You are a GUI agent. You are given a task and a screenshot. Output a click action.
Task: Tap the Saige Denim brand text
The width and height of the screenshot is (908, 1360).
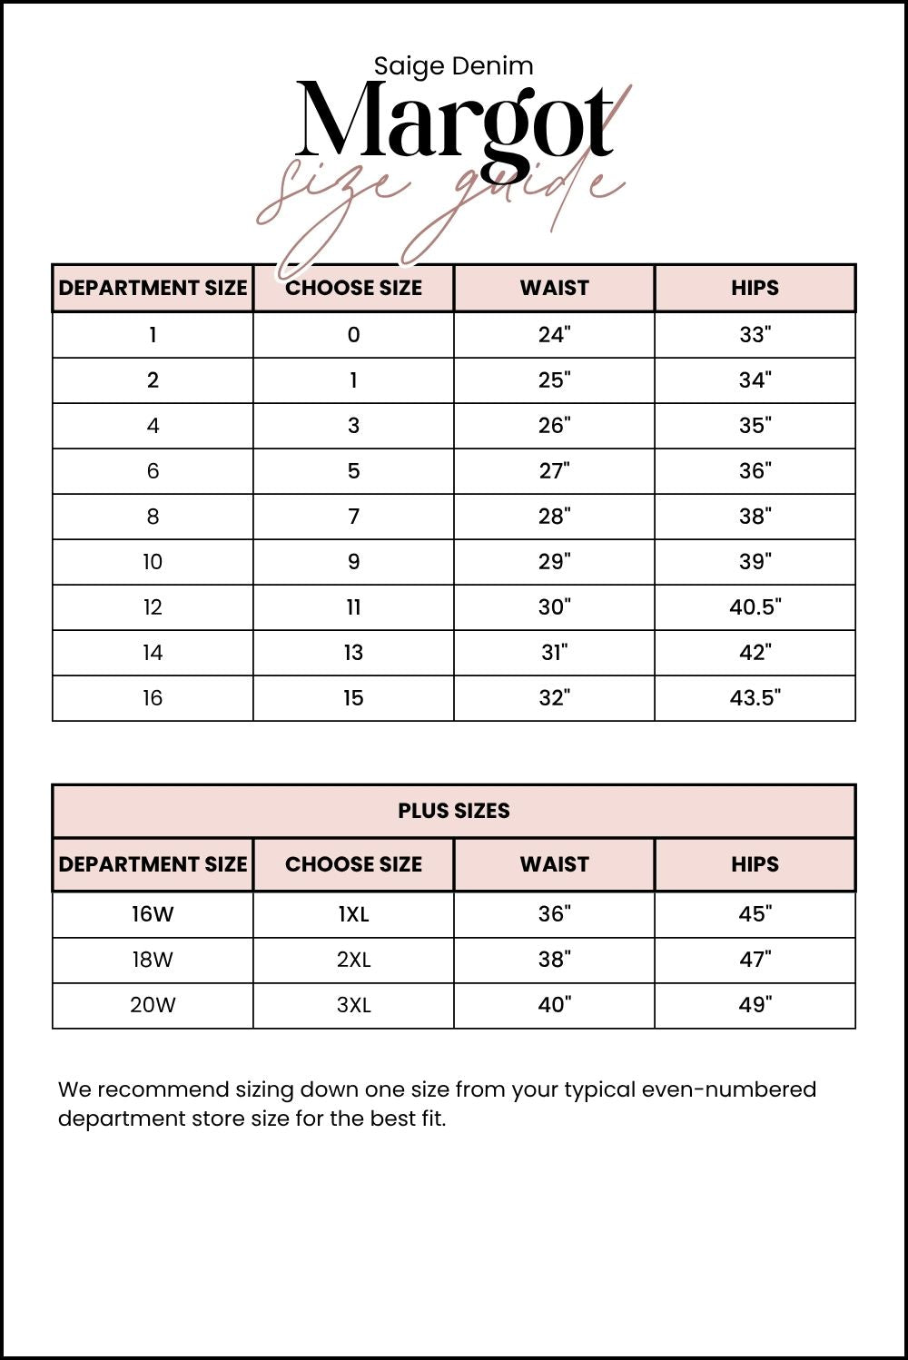pos(453,66)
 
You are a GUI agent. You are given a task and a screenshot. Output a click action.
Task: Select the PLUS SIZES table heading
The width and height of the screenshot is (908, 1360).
pos(453,811)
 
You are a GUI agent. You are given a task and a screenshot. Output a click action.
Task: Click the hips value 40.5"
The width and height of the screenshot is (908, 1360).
pos(755,607)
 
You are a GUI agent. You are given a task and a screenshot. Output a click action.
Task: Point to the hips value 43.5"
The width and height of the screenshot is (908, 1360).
pos(755,698)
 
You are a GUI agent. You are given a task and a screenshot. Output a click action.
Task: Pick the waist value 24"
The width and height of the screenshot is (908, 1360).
pos(554,335)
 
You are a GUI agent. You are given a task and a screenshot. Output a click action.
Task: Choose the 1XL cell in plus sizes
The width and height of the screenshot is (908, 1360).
pos(353,914)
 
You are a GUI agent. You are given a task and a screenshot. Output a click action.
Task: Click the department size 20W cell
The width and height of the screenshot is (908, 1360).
pos(153,1005)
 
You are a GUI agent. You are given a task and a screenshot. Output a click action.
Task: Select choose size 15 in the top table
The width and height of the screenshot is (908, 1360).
pos(353,698)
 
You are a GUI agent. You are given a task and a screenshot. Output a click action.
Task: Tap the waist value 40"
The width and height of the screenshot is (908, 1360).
pos(554,1005)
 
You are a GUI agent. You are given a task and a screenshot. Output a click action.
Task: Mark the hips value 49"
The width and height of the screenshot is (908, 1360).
pos(755,1005)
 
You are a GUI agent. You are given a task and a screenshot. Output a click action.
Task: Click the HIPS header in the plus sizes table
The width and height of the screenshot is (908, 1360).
pos(755,864)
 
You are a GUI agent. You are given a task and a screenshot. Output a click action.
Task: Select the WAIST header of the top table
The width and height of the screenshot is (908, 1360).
pos(554,288)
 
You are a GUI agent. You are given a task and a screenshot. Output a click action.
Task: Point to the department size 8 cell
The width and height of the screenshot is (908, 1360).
pos(153,517)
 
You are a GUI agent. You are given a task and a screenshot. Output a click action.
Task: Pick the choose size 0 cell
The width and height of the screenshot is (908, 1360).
pos(353,335)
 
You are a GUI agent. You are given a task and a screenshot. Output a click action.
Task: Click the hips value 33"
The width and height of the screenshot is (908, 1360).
pos(755,335)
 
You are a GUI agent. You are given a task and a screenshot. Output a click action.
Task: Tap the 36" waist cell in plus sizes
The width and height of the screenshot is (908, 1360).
pos(554,914)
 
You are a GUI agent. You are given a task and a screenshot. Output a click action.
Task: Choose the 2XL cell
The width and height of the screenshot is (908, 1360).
pos(353,960)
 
